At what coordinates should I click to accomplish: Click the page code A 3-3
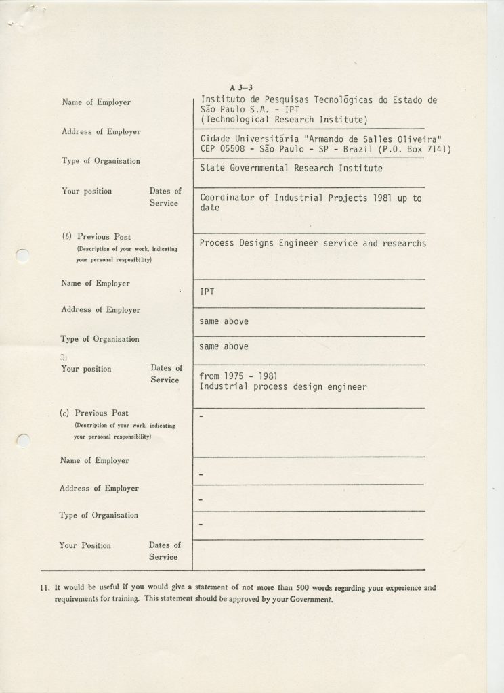(x=241, y=87)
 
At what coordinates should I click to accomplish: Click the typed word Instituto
(x=224, y=100)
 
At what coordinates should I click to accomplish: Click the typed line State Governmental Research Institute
(x=291, y=168)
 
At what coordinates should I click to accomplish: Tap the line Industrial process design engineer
(x=283, y=387)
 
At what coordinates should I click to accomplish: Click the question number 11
(x=45, y=588)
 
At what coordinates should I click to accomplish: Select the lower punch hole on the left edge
(x=22, y=440)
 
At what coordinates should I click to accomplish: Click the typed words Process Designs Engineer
(x=260, y=243)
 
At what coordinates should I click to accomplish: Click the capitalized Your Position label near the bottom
(x=85, y=545)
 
